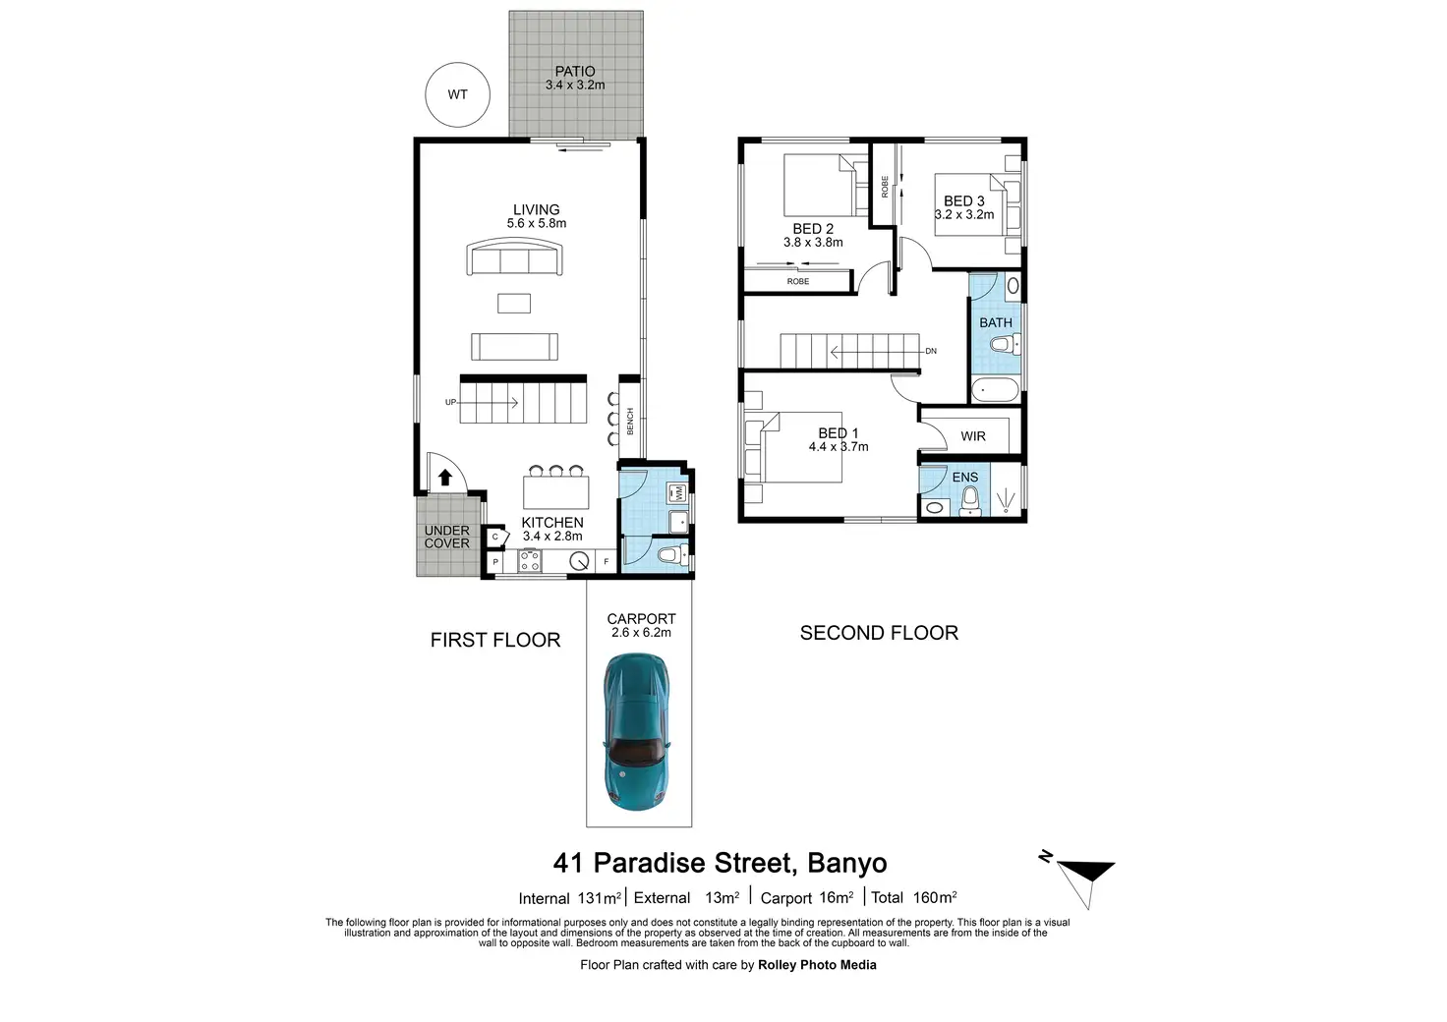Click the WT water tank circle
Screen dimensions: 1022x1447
(x=457, y=95)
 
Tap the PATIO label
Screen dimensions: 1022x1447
(x=575, y=72)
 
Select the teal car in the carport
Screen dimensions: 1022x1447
(x=637, y=731)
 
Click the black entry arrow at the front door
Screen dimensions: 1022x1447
(x=444, y=478)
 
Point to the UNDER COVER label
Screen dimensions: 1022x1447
(x=447, y=537)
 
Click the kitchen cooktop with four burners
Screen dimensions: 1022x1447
(x=530, y=562)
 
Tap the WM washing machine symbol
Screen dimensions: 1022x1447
(x=678, y=492)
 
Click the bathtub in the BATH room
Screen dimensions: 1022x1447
(x=996, y=391)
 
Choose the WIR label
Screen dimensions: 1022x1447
(x=973, y=436)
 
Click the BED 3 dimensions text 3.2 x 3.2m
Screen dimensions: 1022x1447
(x=964, y=214)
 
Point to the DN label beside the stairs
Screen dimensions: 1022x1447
(x=931, y=351)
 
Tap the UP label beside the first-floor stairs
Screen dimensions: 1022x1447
(x=450, y=402)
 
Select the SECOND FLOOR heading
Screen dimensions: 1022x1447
(x=879, y=633)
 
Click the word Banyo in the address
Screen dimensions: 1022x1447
(x=846, y=863)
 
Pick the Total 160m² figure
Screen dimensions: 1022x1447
(x=913, y=897)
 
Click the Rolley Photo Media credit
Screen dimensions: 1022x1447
(x=817, y=965)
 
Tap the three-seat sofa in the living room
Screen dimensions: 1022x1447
(x=514, y=259)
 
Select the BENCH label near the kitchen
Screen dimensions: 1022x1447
(x=630, y=422)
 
